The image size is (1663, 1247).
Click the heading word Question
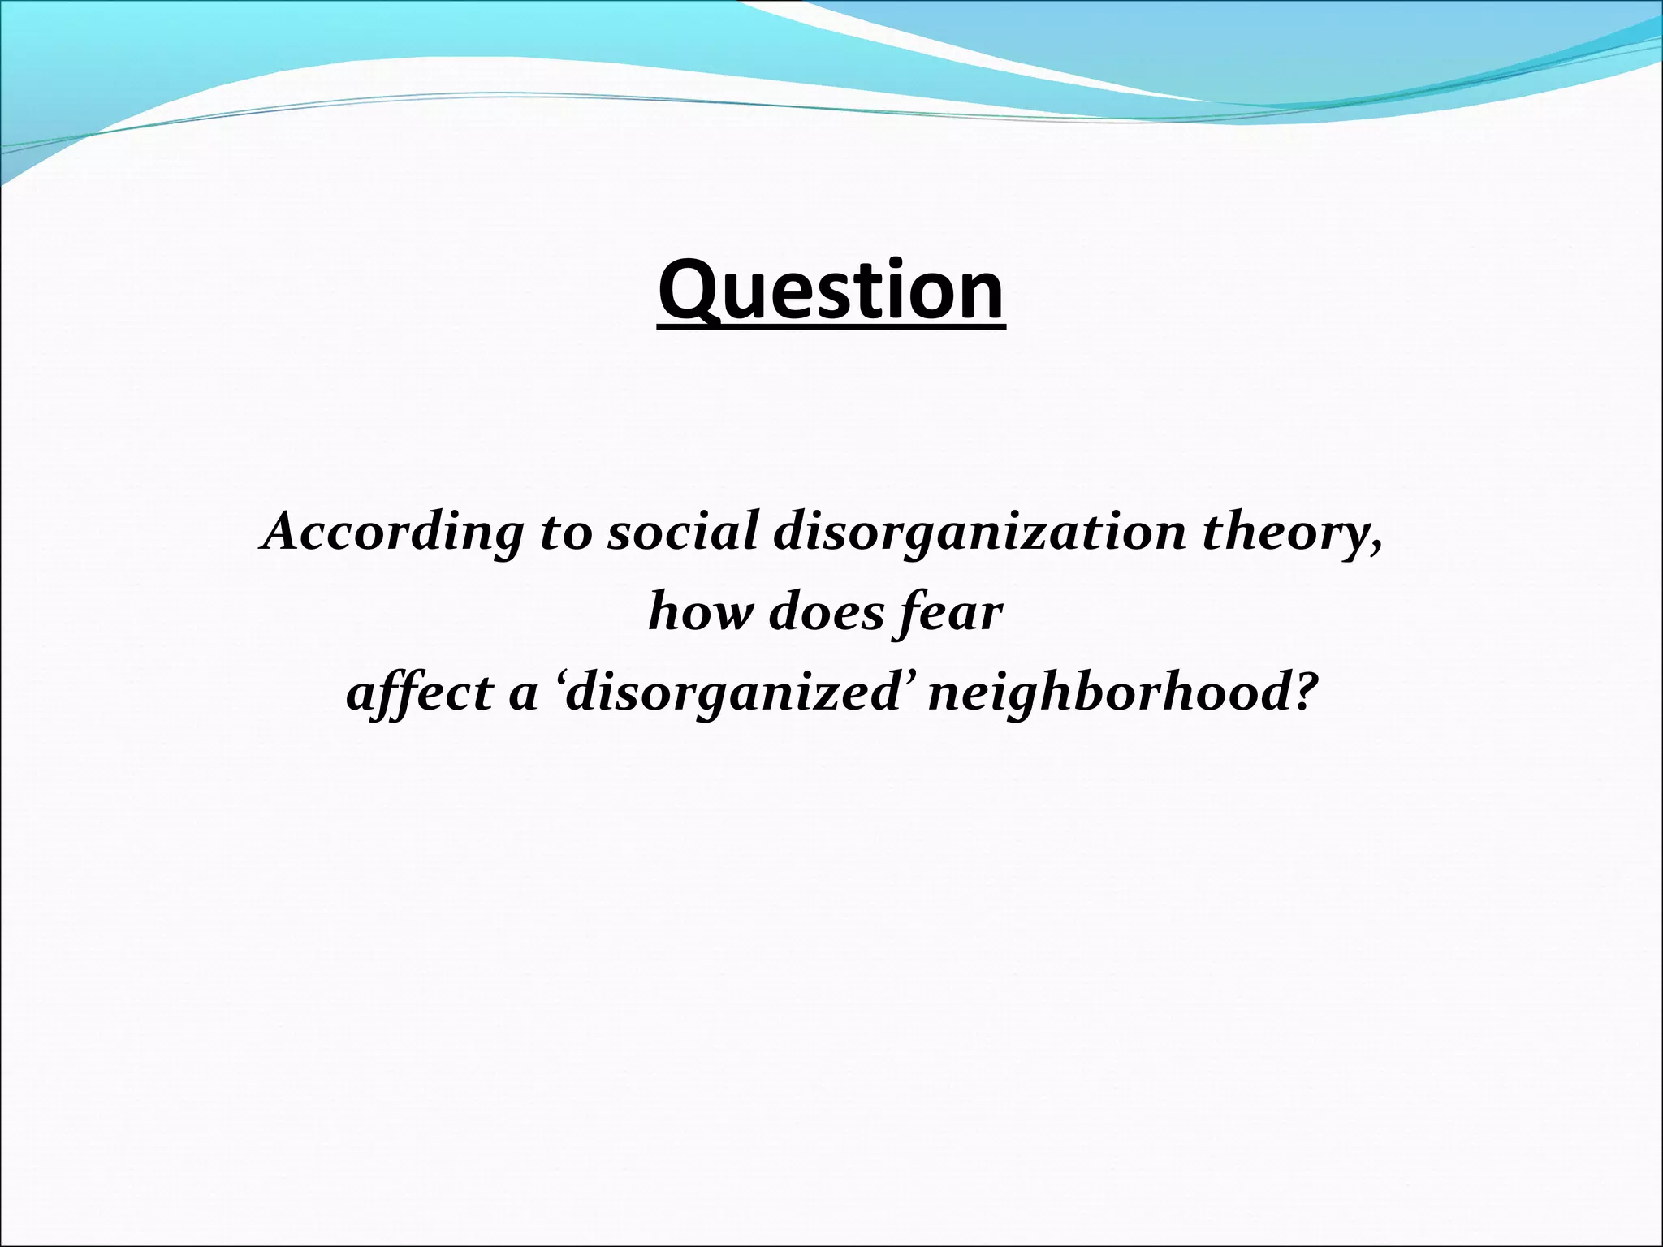831,290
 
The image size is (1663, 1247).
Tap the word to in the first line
566,533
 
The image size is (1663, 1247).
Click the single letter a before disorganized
522,698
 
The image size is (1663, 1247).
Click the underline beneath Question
831,328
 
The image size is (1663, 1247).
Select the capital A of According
283,532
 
